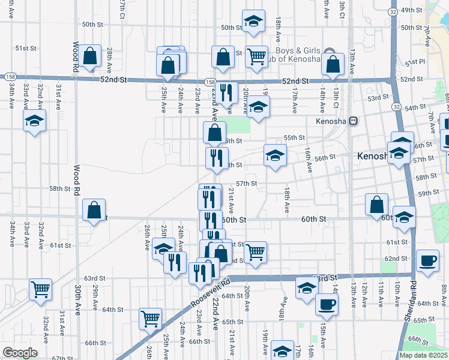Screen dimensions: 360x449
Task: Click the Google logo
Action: (20, 353)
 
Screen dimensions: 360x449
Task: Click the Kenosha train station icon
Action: (354, 121)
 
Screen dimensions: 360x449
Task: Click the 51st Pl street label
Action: (414, 62)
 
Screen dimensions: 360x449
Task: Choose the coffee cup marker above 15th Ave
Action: (327, 304)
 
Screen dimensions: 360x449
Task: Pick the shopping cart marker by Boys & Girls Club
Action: (257, 57)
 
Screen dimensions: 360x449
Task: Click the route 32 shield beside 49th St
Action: (392, 11)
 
